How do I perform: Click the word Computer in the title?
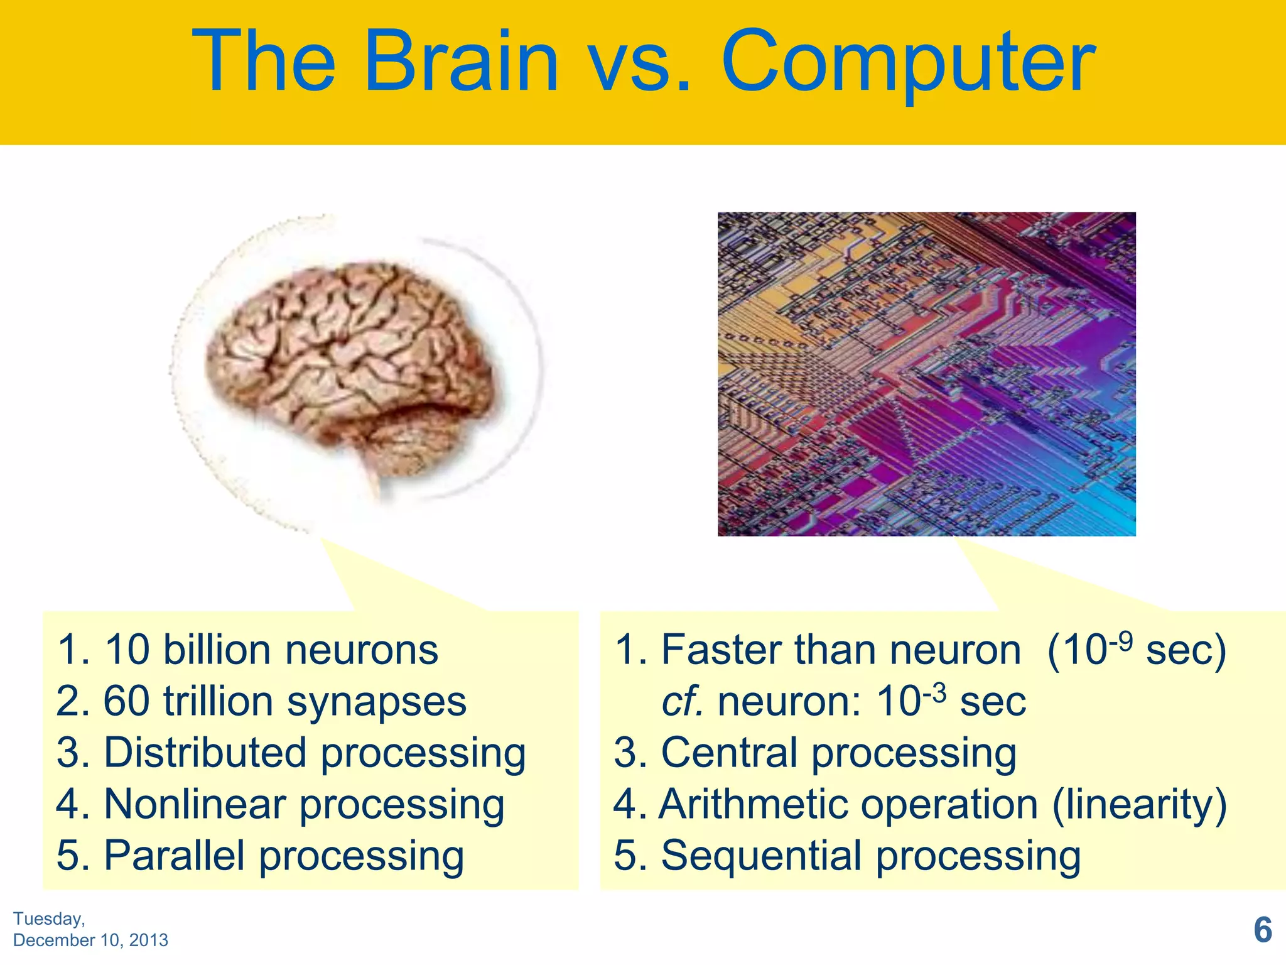coord(908,63)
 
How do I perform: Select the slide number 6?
coord(1263,930)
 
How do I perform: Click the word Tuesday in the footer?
coord(48,919)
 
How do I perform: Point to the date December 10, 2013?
coord(90,940)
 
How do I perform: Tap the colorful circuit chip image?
coord(926,374)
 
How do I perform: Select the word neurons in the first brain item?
coord(362,650)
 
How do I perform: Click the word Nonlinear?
coord(195,804)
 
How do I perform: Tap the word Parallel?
coord(174,856)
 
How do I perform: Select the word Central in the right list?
coord(730,753)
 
